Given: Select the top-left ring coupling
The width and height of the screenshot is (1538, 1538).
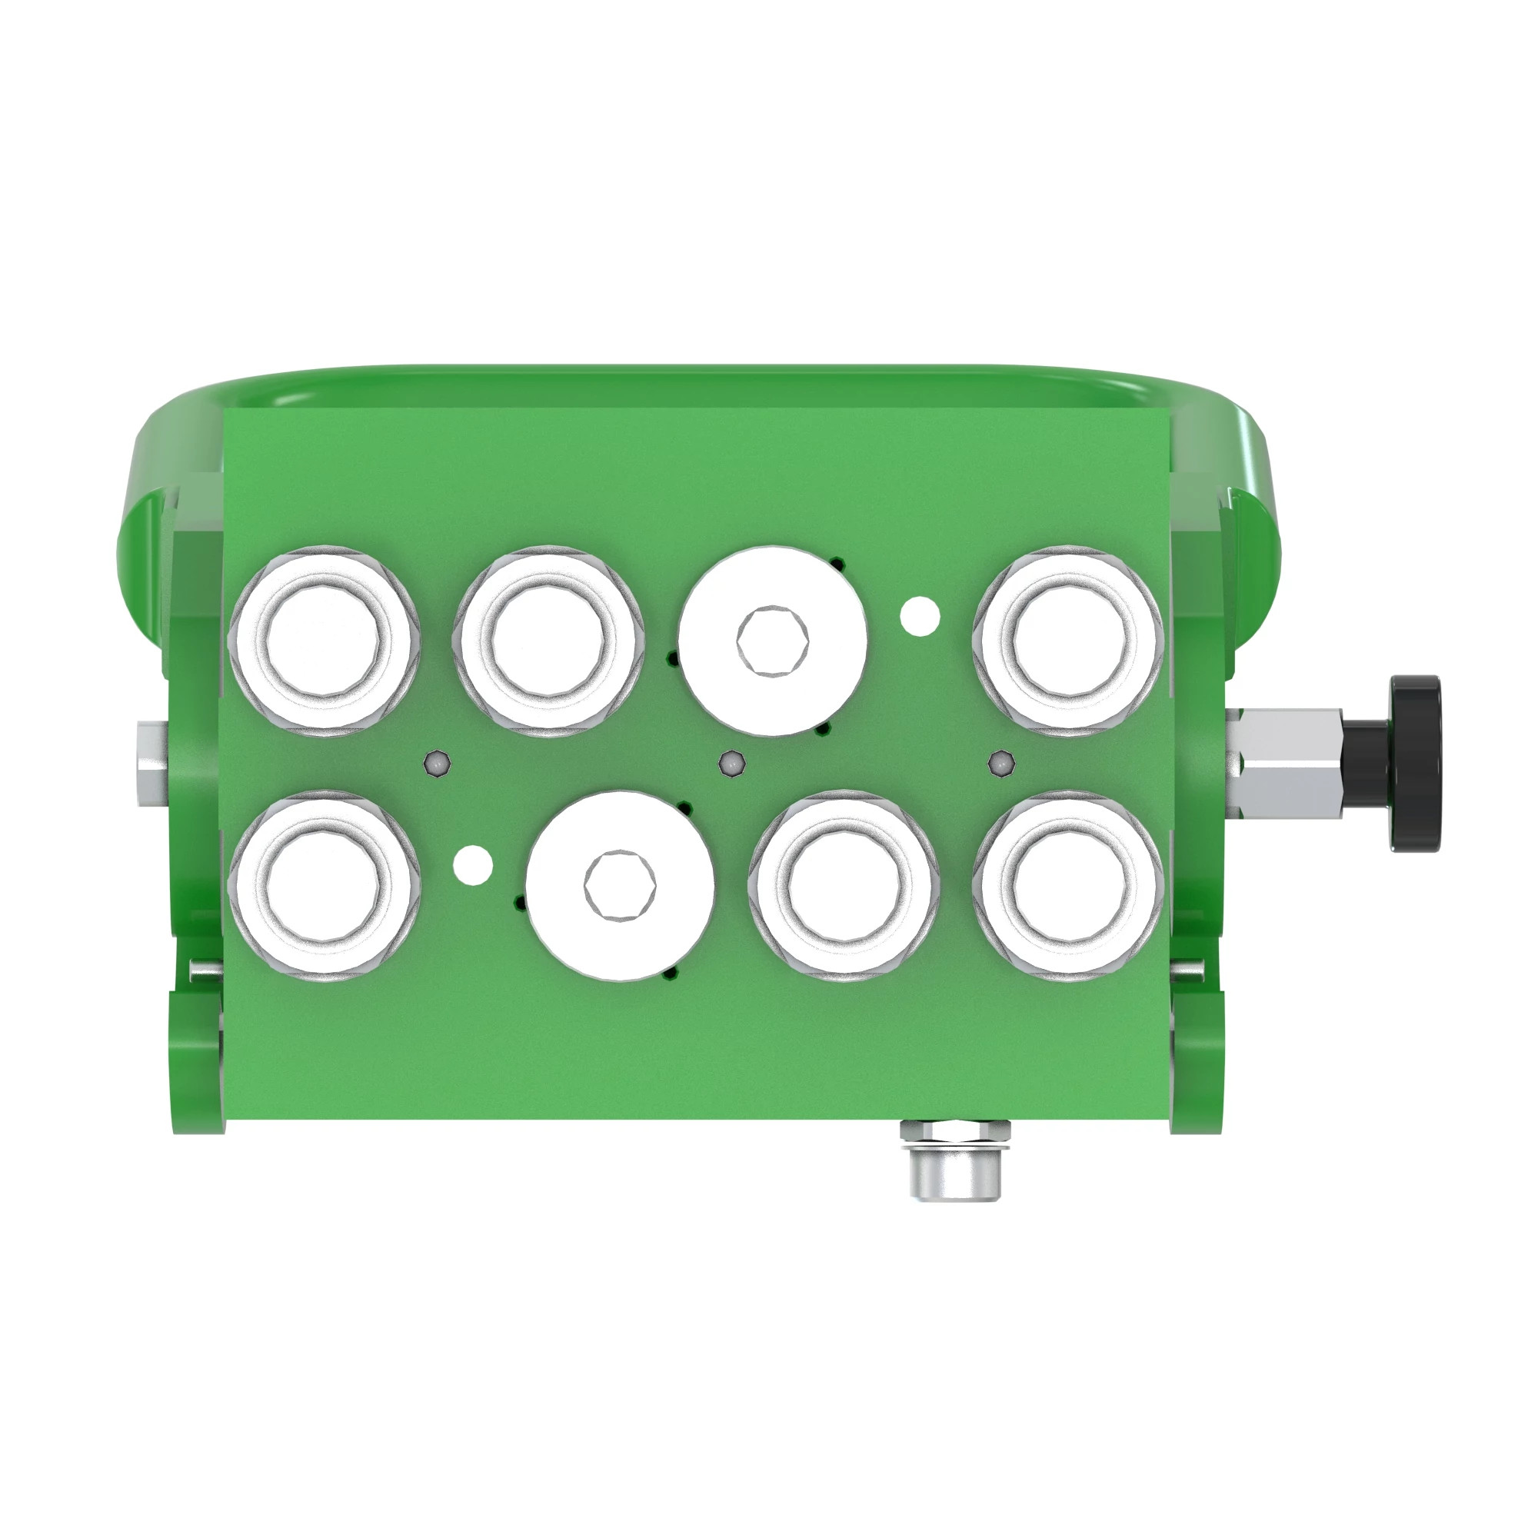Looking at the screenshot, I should coord(324,641).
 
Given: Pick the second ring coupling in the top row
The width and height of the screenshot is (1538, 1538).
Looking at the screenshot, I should coord(548,641).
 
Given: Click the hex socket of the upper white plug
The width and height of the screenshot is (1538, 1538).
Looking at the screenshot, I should coord(772,640).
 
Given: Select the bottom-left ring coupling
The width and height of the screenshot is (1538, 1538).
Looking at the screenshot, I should coord(324,885).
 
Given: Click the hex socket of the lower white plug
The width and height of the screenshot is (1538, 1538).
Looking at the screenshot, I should coord(619,885).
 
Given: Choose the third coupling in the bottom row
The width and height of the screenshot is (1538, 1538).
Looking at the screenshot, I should coord(844,885).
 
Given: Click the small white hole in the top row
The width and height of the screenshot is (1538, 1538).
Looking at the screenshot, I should coord(920,616).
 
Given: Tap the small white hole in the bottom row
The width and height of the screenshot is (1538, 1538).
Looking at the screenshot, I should coord(473,864).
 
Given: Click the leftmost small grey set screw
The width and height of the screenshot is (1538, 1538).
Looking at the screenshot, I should coord(438,764).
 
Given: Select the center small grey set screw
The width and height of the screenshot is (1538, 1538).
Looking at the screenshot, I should coord(730,764).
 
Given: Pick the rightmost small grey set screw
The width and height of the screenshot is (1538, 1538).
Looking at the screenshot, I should coord(1000,764).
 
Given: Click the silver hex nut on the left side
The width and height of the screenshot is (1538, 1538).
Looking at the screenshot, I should coord(151,765).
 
